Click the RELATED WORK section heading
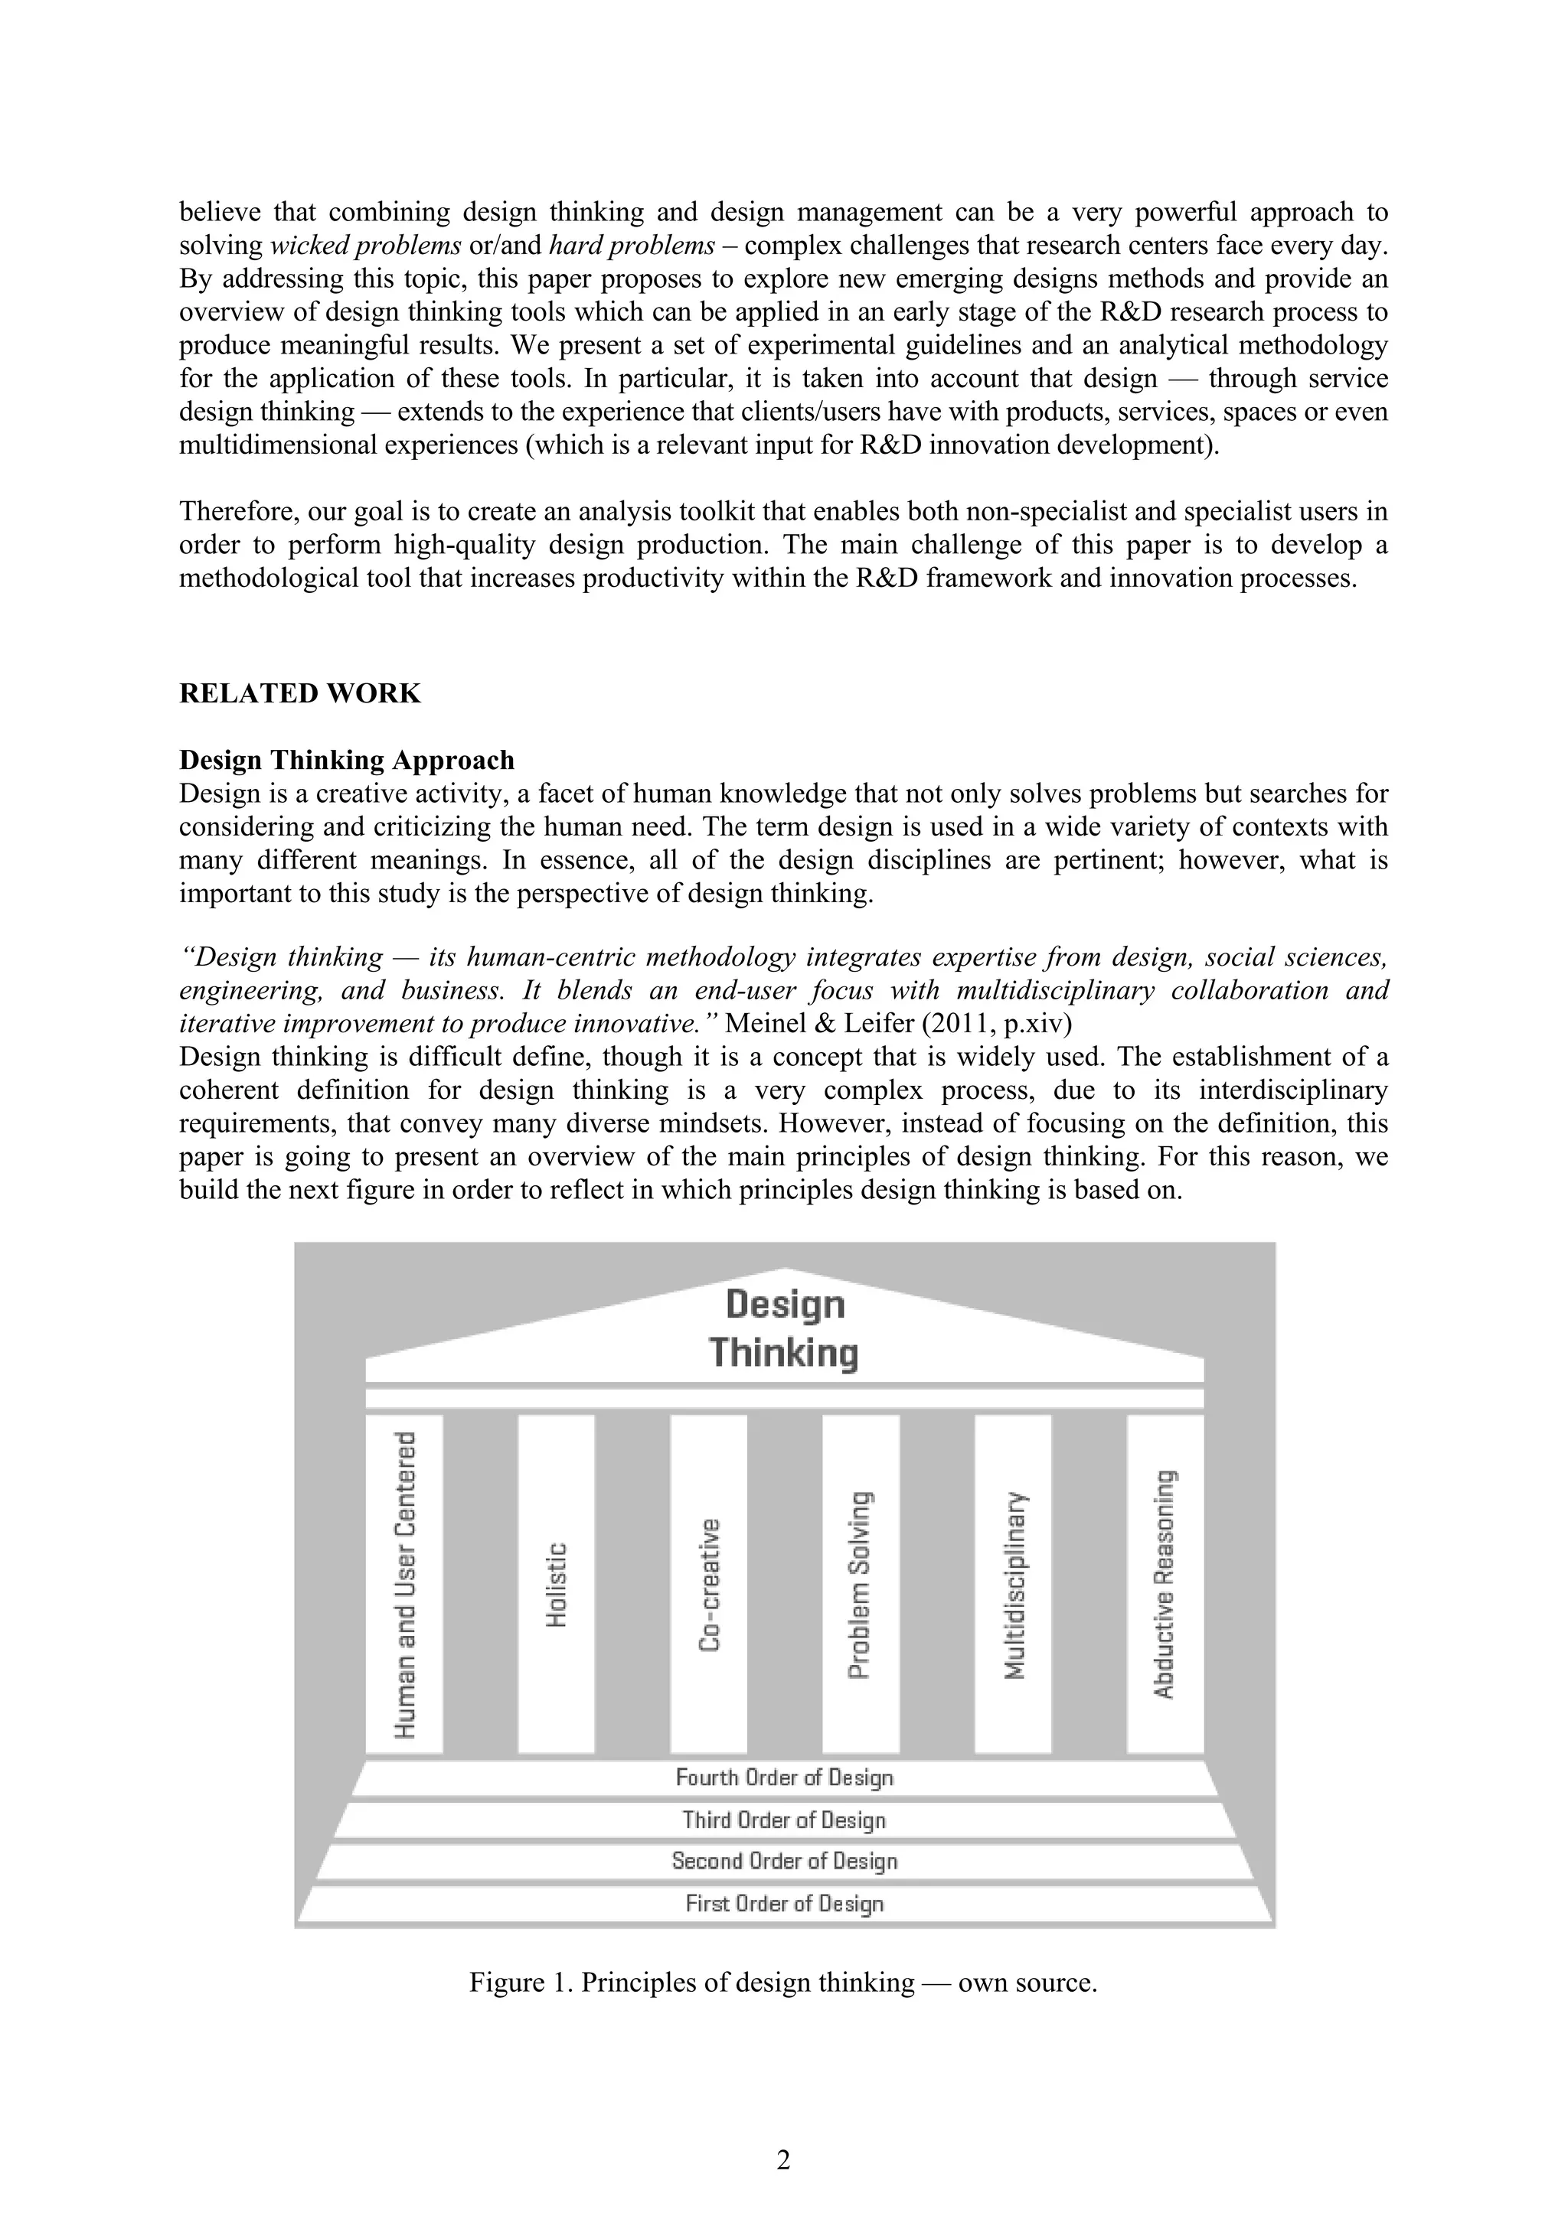click(299, 693)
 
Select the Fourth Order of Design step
click(784, 1777)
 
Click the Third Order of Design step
click(784, 1820)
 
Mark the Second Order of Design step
click(784, 1861)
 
